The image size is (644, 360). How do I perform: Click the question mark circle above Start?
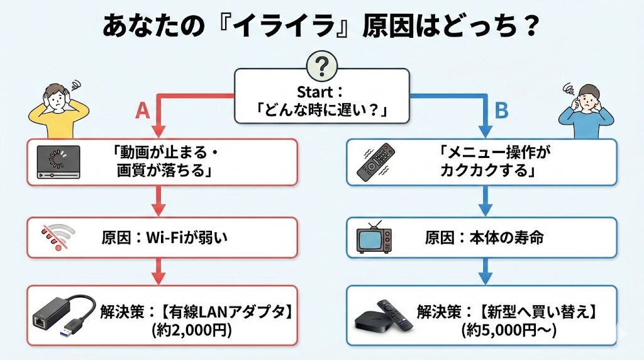click(x=322, y=65)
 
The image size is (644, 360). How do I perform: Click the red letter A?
click(x=143, y=111)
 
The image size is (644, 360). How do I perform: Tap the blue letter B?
click(x=501, y=111)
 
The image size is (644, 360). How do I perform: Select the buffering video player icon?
click(x=58, y=162)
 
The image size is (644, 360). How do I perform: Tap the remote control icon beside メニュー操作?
click(x=377, y=163)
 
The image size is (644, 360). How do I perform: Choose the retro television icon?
click(x=375, y=238)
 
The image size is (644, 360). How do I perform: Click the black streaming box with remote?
click(x=384, y=318)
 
